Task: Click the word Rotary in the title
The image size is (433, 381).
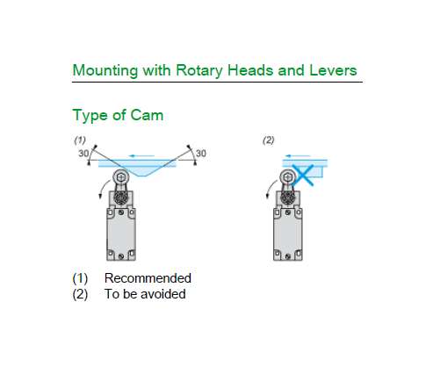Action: click(x=199, y=71)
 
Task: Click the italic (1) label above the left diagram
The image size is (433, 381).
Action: click(x=80, y=140)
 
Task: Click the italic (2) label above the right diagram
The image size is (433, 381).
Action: click(x=269, y=140)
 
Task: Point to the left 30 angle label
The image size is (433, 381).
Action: click(x=83, y=154)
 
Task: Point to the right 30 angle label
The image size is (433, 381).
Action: click(x=201, y=153)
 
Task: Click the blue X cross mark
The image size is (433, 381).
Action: click(x=303, y=175)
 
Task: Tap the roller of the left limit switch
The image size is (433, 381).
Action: click(x=120, y=177)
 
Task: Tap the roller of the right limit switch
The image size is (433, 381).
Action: click(x=287, y=177)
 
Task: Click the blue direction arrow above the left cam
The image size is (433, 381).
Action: click(x=141, y=156)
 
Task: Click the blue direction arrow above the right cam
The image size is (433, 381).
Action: click(x=298, y=156)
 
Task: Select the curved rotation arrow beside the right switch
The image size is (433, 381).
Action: click(x=270, y=188)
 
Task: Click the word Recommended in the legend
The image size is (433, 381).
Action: click(x=148, y=278)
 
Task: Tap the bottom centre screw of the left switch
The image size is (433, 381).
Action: click(x=121, y=256)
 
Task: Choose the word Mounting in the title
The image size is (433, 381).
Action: click(x=105, y=71)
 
